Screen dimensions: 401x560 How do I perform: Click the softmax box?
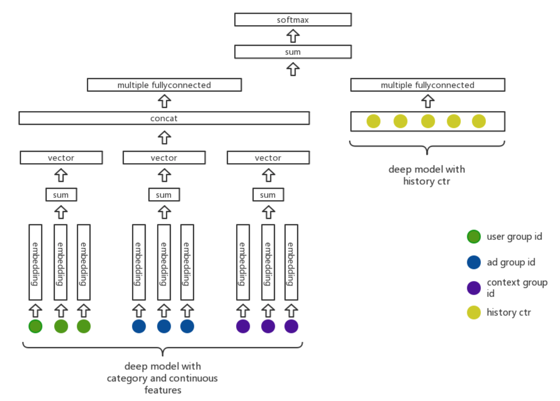point(293,20)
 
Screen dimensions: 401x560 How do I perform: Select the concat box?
point(164,118)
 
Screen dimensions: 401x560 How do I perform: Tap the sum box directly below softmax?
point(293,52)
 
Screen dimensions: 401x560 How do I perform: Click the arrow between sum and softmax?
point(293,36)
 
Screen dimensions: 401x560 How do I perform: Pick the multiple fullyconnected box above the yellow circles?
point(427,85)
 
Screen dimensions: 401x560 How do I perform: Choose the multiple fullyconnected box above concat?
point(164,85)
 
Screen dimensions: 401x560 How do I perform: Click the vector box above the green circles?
point(61,158)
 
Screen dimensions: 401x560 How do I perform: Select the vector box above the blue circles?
point(164,158)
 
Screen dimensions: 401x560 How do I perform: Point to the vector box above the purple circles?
point(268,158)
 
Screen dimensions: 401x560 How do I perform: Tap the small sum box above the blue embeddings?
point(164,195)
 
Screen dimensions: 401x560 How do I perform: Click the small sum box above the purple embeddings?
point(268,195)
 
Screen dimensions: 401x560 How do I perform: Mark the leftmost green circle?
point(35,326)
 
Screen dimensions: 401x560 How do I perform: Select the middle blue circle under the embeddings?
point(164,326)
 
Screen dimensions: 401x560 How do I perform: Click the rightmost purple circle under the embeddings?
point(291,326)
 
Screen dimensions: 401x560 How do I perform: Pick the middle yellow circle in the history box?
point(428,121)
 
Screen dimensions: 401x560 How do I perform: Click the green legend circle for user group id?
point(474,236)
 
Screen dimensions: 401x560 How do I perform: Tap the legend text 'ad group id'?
point(511,262)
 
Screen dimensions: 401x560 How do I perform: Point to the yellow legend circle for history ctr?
point(474,312)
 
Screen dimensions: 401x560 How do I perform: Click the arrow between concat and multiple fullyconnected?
point(164,101)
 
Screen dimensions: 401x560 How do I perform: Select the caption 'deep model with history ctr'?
point(427,175)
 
